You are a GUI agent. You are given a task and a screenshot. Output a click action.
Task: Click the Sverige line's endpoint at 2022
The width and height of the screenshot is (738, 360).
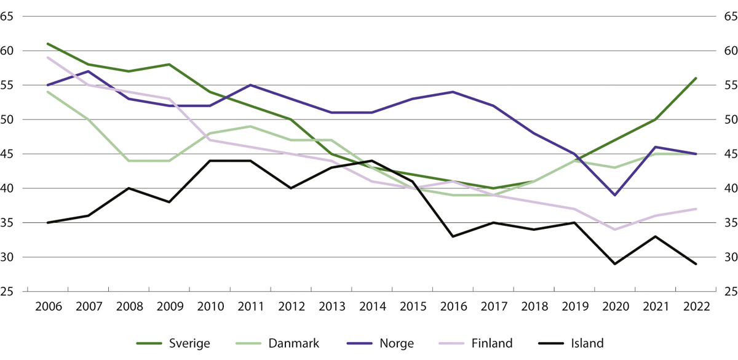click(x=696, y=78)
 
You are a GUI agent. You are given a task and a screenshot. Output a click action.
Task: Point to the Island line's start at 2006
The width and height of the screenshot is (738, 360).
click(x=47, y=223)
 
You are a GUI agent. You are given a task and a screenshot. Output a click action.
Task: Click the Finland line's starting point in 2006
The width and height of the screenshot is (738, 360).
click(x=47, y=57)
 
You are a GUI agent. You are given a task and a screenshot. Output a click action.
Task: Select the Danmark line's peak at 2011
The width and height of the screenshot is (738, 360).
click(x=250, y=126)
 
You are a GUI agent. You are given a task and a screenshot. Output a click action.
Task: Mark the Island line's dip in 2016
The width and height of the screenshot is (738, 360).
click(x=453, y=236)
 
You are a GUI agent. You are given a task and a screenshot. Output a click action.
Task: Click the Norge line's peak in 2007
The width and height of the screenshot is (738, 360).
click(x=88, y=71)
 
